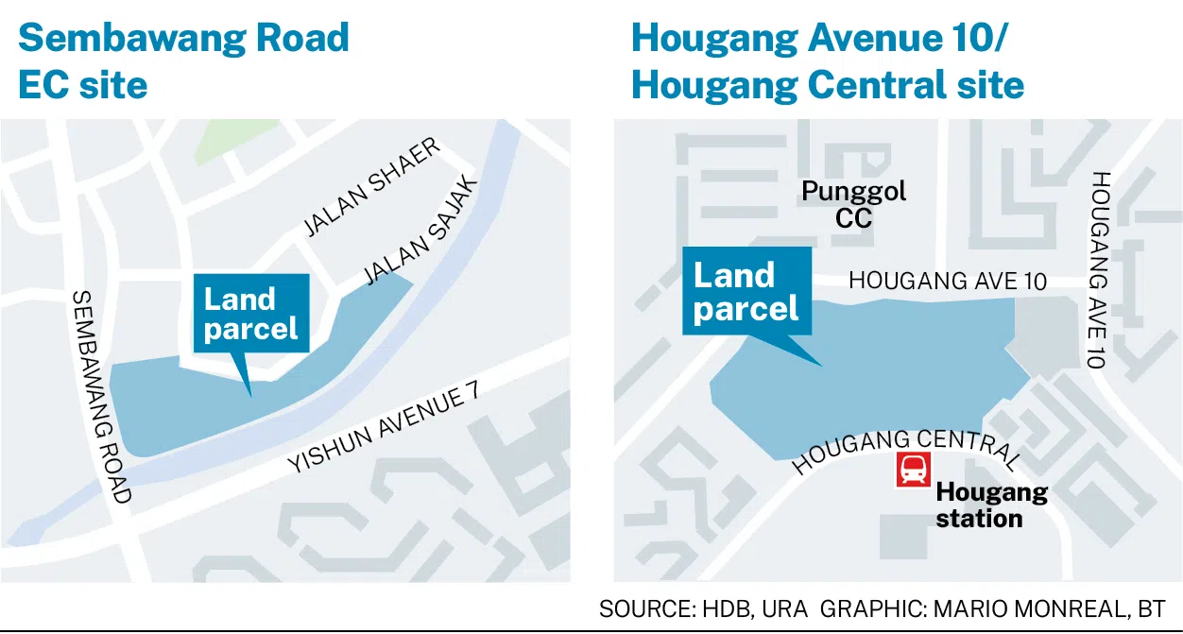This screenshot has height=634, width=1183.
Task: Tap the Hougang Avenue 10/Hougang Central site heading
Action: point(827,61)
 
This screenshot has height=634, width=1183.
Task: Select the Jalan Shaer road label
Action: point(372,188)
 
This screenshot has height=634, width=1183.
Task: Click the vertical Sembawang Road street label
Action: point(101,397)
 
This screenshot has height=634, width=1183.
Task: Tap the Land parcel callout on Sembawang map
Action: point(251,314)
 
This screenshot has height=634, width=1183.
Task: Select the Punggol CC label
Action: point(853,204)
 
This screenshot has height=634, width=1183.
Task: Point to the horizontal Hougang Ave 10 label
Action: point(948,281)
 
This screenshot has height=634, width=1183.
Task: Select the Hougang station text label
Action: point(991,505)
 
